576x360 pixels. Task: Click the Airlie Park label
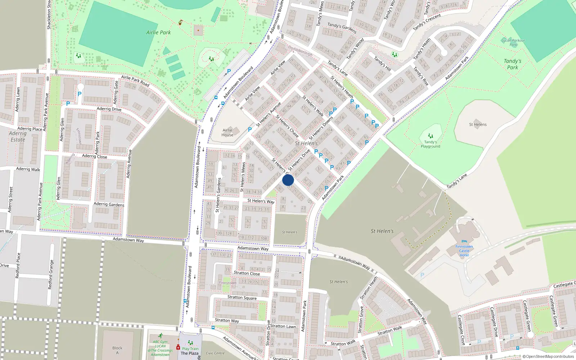point(158,32)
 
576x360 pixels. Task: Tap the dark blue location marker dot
point(288,180)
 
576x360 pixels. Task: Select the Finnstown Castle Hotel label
point(464,251)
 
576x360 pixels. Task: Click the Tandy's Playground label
point(431,144)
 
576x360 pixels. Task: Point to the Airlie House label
point(228,132)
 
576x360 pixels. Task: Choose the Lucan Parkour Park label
point(513,42)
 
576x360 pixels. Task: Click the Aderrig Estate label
point(18,136)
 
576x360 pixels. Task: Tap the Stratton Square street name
point(242,297)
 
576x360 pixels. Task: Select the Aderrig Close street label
point(94,156)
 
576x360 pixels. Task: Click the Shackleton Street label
point(49,14)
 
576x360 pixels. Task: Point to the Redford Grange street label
point(51,274)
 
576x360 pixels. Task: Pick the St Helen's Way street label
point(261,201)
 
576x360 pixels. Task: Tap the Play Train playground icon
point(190,343)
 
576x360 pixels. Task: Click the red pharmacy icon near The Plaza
point(178,347)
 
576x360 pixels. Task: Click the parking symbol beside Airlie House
point(250,130)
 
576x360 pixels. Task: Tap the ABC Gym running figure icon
point(160,336)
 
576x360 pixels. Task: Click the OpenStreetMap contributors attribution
point(548,357)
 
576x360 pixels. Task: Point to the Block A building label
point(117,350)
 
